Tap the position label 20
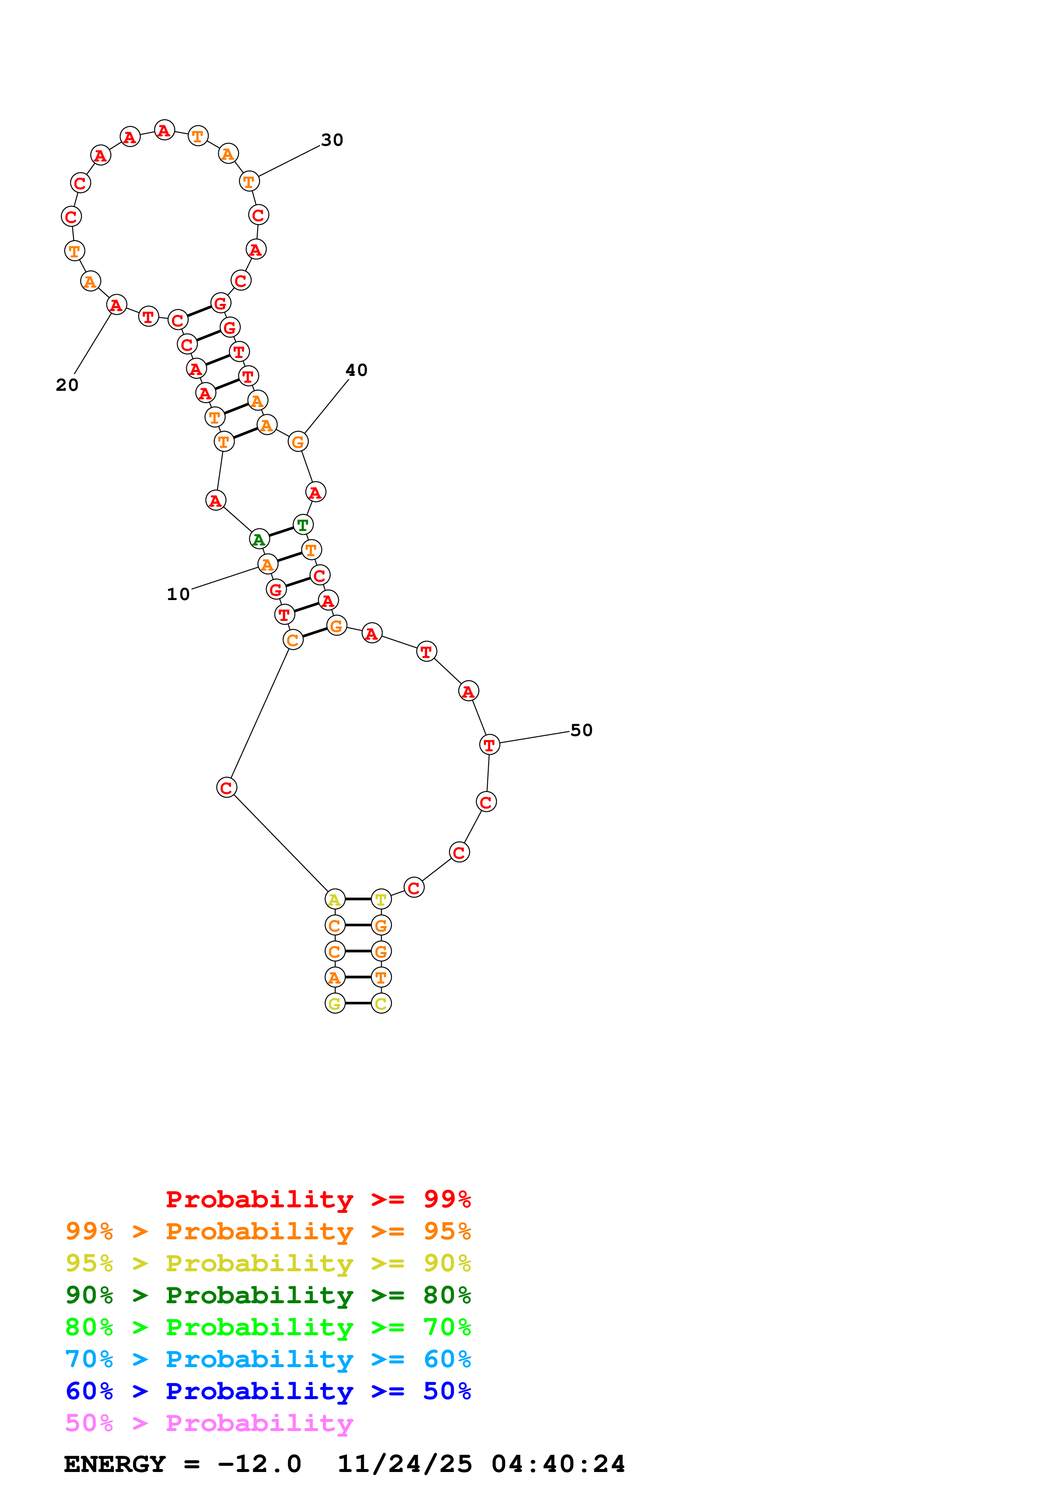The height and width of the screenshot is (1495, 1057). point(67,385)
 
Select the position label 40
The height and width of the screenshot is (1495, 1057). point(356,370)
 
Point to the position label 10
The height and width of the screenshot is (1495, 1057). point(178,594)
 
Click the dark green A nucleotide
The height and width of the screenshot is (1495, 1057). point(259,539)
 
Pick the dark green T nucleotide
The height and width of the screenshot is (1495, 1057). point(303,524)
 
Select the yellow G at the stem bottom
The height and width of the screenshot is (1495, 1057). point(335,1003)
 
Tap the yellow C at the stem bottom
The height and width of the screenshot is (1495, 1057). point(381,1003)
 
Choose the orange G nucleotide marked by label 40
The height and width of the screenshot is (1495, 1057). point(298,442)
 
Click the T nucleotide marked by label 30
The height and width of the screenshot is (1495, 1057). point(249,181)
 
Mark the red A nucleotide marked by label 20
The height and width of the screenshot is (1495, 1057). point(116,305)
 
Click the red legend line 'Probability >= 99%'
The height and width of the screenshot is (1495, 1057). point(318,1199)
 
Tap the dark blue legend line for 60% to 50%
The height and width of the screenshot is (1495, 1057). point(268,1391)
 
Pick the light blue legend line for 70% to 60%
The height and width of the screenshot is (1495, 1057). point(268,1359)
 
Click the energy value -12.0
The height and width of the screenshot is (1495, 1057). point(259,1464)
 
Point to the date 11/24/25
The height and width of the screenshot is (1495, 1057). point(404,1464)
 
